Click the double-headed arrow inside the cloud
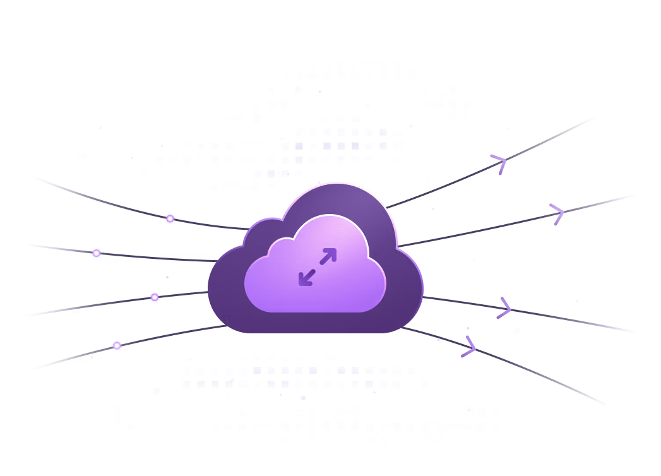(318, 266)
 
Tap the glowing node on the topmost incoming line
(170, 218)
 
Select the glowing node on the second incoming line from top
(96, 253)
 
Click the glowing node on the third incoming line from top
(155, 297)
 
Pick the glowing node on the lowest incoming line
(117, 345)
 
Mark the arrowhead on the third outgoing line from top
(505, 309)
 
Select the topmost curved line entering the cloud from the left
(95, 198)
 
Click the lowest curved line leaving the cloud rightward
(543, 372)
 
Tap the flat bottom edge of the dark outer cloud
(316, 331)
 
